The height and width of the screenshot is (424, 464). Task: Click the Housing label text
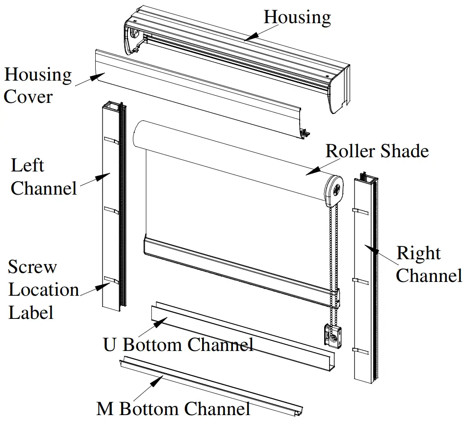(297, 17)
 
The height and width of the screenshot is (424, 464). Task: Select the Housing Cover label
(37, 86)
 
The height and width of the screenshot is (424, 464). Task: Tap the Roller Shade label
(377, 151)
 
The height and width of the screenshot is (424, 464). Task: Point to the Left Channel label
(44, 177)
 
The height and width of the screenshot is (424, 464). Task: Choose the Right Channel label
(428, 265)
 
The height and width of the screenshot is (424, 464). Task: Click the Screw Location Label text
(43, 289)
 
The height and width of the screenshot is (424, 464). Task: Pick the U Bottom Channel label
(178, 345)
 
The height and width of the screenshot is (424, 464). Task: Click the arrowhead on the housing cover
(95, 77)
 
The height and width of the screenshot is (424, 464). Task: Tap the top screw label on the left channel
(112, 141)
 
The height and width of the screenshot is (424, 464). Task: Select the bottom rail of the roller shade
(240, 269)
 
